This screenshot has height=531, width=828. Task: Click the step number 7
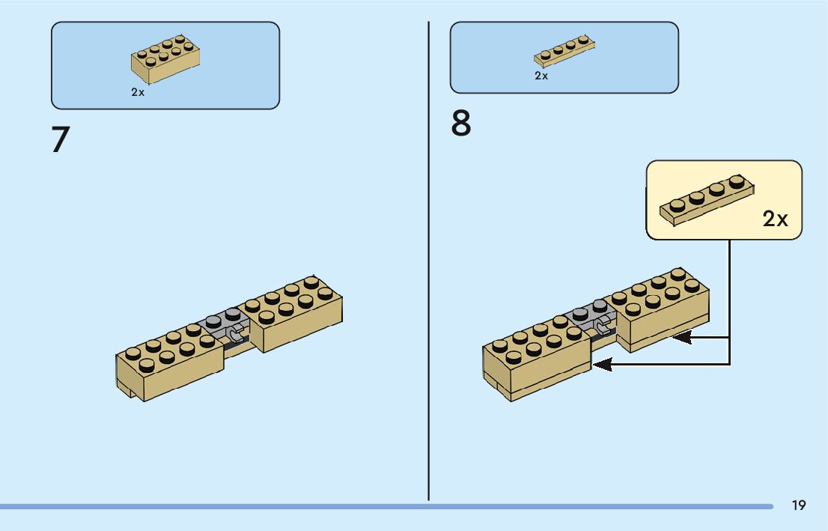61,140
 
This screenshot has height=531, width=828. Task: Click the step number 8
461,124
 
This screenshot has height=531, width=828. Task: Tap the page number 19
799,506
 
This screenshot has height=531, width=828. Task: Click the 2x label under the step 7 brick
138,92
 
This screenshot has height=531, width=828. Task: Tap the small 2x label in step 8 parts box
541,76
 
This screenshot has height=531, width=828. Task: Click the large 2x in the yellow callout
776,219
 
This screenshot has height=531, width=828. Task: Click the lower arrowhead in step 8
602,365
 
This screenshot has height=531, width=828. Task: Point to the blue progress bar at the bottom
374,506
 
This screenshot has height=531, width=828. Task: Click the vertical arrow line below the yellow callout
729,300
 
